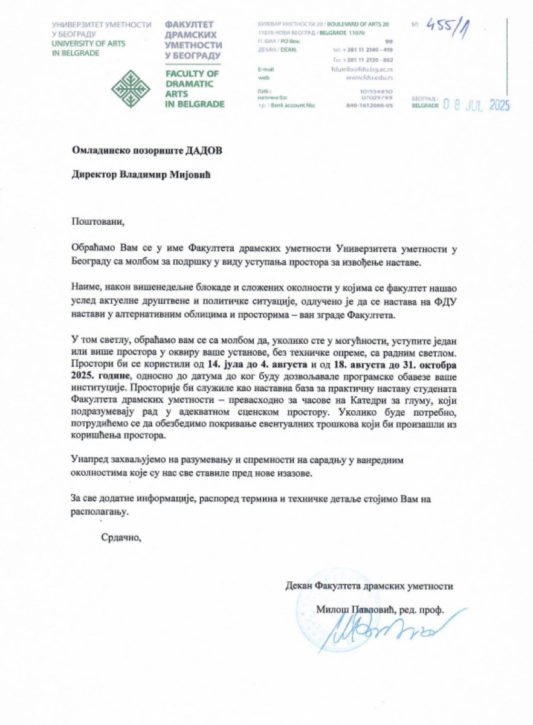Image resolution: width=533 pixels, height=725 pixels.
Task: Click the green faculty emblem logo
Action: [x=131, y=88]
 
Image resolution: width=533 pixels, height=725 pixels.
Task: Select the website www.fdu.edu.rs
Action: [x=370, y=78]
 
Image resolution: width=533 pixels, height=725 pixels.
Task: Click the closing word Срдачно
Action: [x=121, y=536]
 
